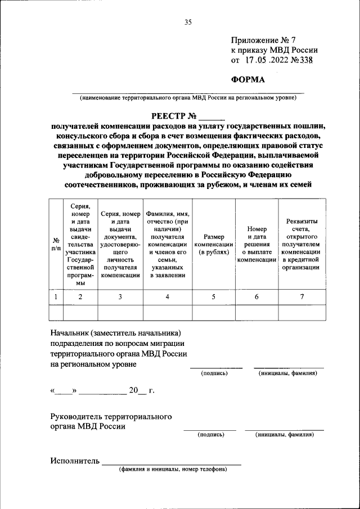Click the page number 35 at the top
click(188, 22)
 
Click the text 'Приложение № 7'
click(263, 40)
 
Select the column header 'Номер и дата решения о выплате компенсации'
click(256, 245)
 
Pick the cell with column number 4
click(167, 297)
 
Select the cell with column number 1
click(56, 297)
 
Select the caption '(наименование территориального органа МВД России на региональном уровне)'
click(188, 97)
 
